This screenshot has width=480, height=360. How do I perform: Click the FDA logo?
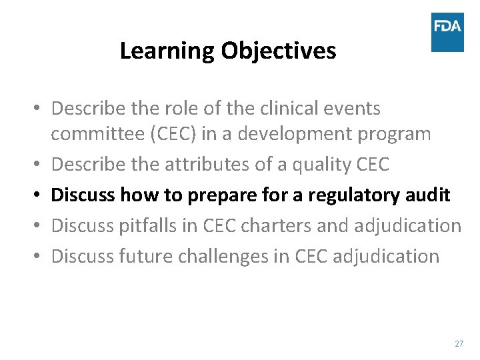pos(447,31)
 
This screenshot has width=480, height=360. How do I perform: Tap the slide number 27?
pos(459,344)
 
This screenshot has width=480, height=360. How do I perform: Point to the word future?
pos(141,256)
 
